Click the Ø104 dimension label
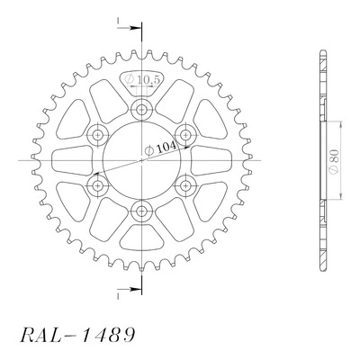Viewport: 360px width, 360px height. tap(160, 148)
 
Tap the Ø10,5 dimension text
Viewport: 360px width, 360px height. tap(143, 79)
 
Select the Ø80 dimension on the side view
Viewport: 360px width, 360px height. tap(334, 161)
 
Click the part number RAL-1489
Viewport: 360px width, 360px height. tap(77, 335)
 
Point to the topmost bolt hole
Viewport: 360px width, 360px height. tap(141, 110)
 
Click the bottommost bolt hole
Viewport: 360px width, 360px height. tap(141, 211)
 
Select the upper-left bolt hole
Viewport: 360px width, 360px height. tap(97, 135)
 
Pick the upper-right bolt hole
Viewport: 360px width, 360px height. tap(185, 135)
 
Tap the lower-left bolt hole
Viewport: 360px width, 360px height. tap(97, 186)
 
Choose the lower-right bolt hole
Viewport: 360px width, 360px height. tap(185, 186)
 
